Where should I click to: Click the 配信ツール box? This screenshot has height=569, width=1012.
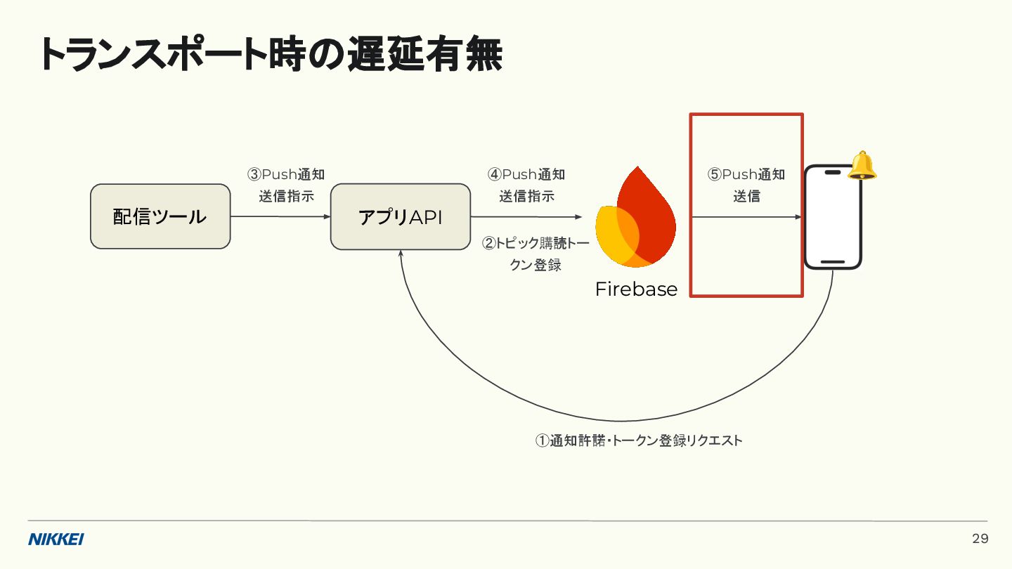160,216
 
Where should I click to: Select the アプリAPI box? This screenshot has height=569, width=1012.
401,216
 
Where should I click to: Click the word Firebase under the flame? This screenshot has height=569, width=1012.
636,289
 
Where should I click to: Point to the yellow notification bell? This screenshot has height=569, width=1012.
862,166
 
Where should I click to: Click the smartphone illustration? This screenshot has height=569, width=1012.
833,217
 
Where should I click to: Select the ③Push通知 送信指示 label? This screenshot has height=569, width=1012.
286,185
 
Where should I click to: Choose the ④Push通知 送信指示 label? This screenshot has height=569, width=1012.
526,185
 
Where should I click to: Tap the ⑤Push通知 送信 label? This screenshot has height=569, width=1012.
746,185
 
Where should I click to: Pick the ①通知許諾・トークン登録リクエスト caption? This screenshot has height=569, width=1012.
639,440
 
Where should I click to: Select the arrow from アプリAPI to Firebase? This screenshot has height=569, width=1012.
526,217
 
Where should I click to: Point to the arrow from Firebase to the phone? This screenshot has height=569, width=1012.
746,217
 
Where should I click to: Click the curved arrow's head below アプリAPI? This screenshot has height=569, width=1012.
401,254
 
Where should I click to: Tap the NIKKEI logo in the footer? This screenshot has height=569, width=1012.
56,539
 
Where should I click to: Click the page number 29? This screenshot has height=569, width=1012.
980,539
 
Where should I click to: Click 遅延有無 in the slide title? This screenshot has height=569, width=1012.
424,55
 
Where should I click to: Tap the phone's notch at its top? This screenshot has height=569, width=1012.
833,172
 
